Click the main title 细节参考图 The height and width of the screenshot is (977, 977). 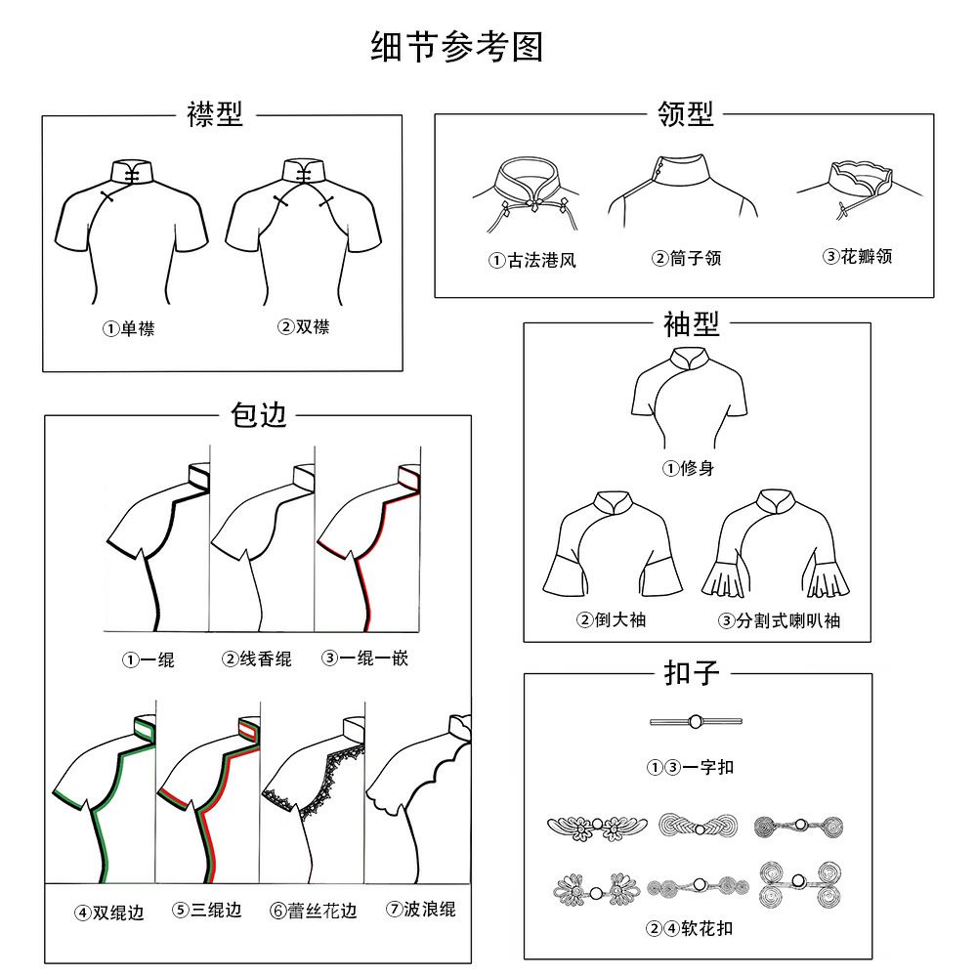(456, 47)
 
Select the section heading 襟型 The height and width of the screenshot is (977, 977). (214, 114)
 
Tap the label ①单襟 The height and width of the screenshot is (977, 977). (129, 329)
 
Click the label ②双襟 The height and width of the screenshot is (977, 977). (304, 327)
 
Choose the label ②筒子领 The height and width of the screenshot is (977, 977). (686, 259)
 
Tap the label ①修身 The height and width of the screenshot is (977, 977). (689, 468)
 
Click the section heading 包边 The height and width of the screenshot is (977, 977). (258, 414)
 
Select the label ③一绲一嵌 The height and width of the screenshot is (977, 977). (364, 658)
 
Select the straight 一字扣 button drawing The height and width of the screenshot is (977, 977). (696, 722)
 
